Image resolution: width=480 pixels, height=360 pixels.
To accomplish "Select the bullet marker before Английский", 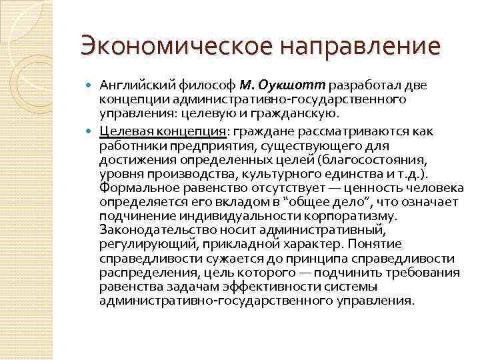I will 91,85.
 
